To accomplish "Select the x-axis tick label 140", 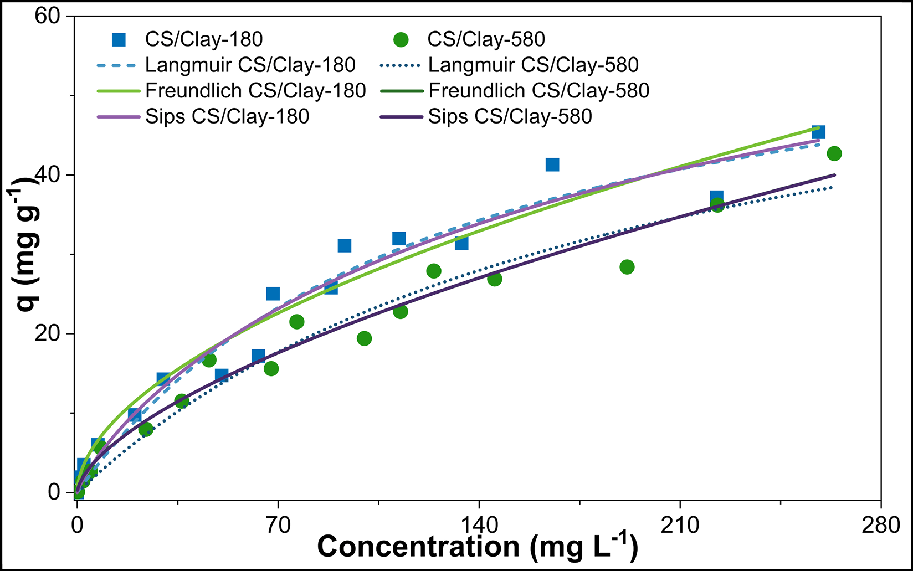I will (478, 524).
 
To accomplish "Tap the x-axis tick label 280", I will (880, 524).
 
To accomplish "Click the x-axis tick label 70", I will (278, 524).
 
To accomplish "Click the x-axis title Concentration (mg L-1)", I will (478, 547).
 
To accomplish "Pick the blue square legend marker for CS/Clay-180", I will (119, 39).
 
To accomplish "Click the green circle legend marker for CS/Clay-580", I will (401, 39).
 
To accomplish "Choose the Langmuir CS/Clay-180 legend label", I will (250, 65).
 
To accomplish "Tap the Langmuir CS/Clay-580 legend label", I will (533, 65).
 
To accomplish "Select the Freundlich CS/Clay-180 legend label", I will (255, 90).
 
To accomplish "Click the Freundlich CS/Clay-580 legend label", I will (538, 90).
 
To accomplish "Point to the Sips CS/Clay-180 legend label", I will (227, 116).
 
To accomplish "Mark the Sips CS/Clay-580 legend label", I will (510, 116).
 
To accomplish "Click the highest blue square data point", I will (818, 132).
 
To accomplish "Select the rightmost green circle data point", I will (834, 153).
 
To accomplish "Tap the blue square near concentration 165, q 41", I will (552, 164).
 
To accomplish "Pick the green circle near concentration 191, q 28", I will (627, 267).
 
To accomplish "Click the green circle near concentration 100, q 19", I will (364, 338).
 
